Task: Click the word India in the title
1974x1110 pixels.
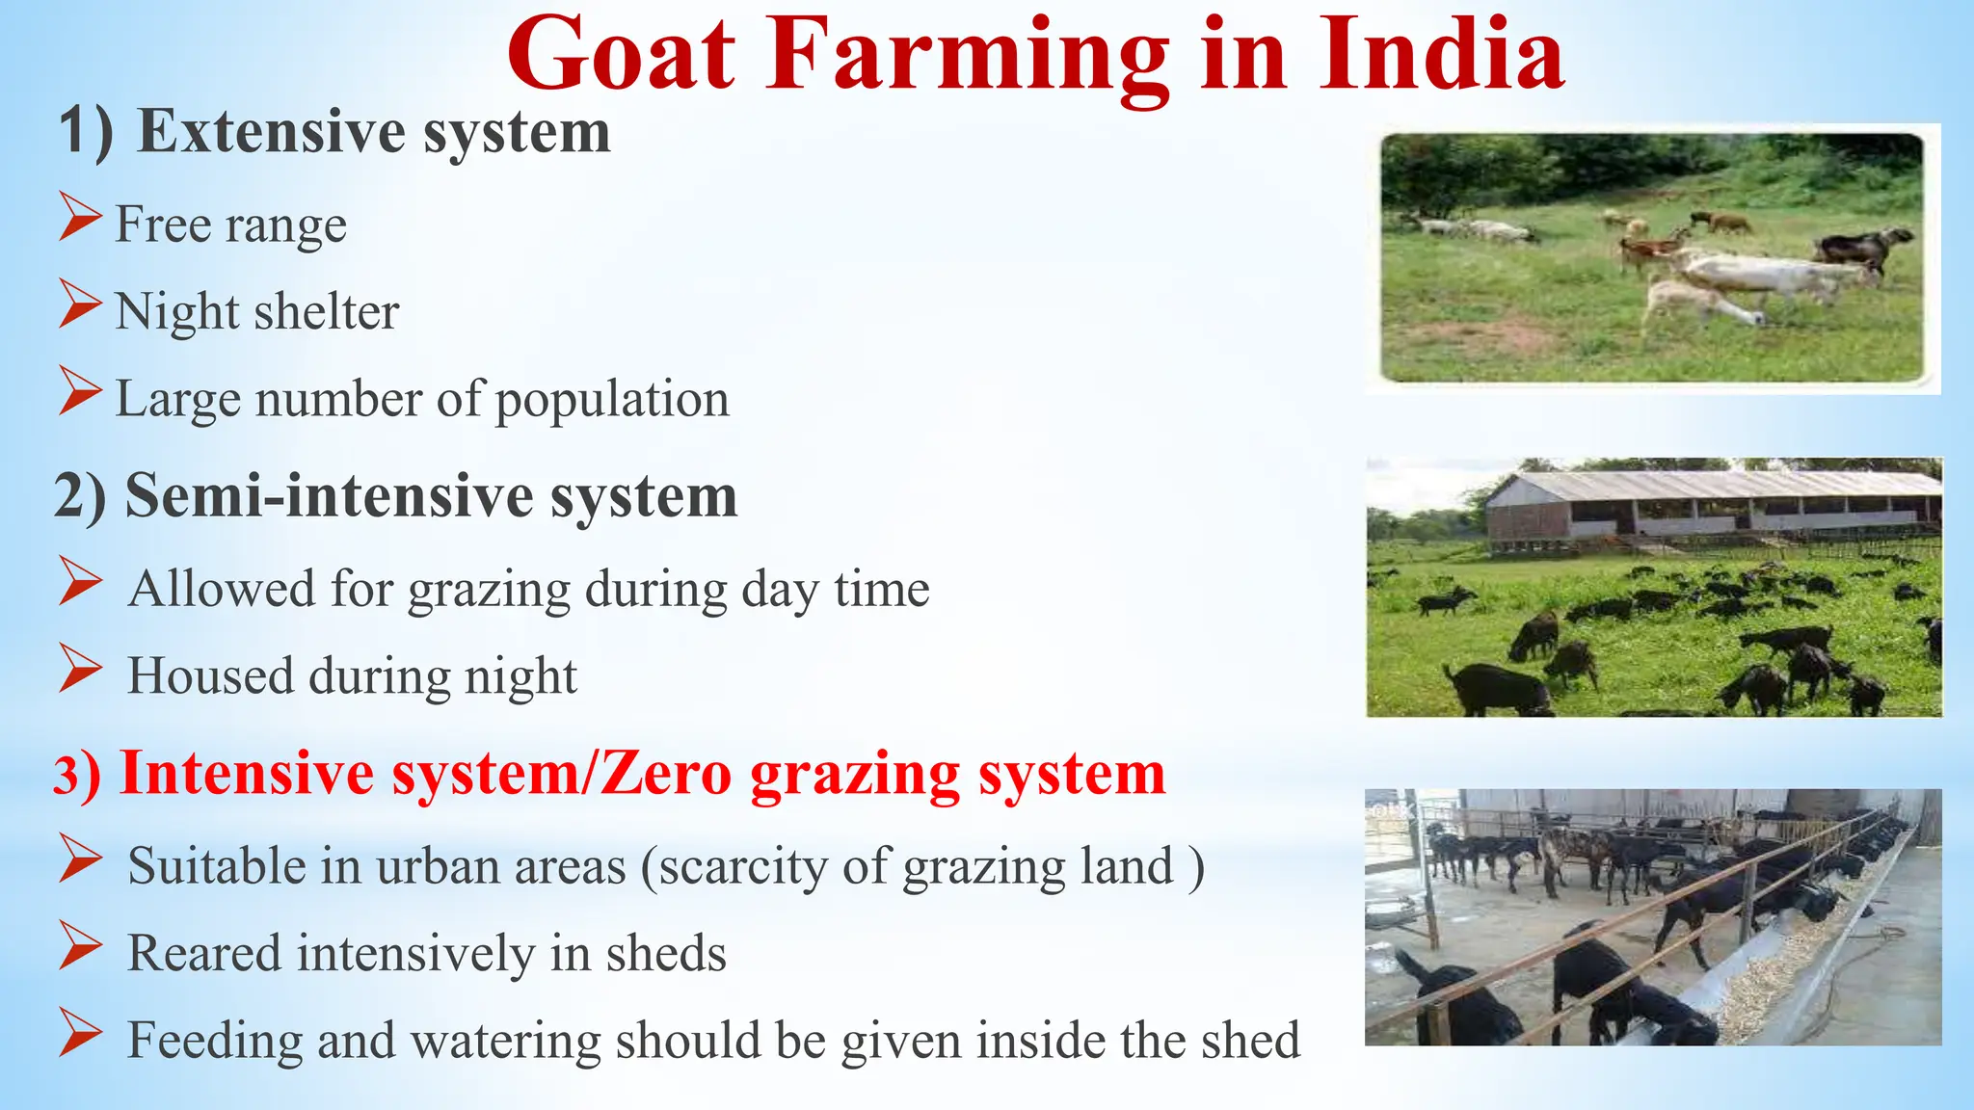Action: tap(1442, 55)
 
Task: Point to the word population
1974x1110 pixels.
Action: tap(612, 400)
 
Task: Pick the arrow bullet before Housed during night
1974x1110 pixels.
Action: tap(79, 668)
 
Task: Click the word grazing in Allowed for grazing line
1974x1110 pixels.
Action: tap(489, 590)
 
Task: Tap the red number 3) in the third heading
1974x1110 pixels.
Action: tap(76, 775)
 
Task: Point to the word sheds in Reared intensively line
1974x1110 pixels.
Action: tap(665, 954)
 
